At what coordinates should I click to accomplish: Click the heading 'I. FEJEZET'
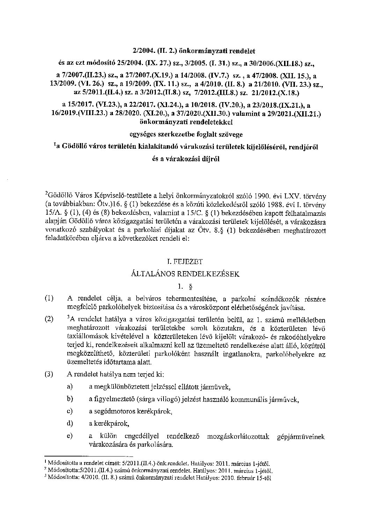click(185, 261)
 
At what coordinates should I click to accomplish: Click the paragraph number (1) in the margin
click(49, 298)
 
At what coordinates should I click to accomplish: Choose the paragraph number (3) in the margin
click(49, 374)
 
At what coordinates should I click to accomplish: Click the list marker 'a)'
click(70, 387)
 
